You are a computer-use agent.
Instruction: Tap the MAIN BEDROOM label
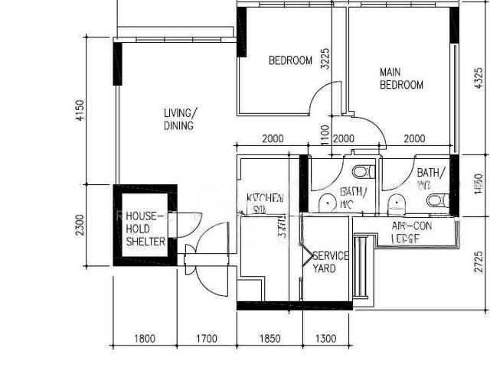(401, 79)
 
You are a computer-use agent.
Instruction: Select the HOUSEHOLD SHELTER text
(145, 229)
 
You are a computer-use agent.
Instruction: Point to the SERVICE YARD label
(330, 262)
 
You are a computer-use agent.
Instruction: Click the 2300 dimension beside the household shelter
(80, 225)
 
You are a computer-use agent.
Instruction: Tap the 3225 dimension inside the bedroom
(325, 60)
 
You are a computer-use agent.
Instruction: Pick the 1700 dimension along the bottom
(206, 339)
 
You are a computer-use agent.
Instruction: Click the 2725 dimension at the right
(479, 261)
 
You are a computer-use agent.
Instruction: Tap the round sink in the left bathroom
(326, 203)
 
